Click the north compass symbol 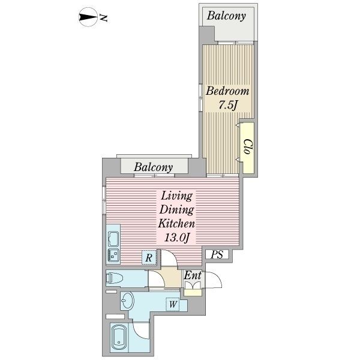[88, 17]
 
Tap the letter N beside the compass [104, 17]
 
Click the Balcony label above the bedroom [226, 16]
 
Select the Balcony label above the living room [154, 167]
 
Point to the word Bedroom [227, 91]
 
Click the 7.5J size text [228, 106]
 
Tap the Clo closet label [247, 146]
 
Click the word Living [177, 196]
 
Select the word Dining [177, 210]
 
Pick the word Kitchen [176, 223]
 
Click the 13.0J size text [176, 238]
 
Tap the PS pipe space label [217, 254]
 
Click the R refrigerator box [149, 257]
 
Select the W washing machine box [173, 304]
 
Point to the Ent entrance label [193, 275]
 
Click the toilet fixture [114, 278]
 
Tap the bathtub [119, 340]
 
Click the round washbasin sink [127, 301]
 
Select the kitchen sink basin [113, 239]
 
